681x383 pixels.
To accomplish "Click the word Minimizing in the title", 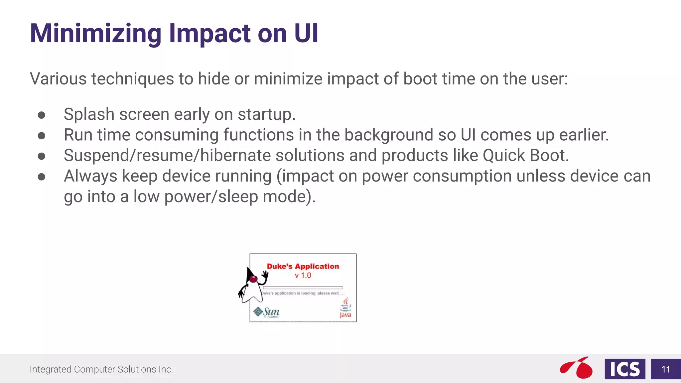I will click(x=96, y=34).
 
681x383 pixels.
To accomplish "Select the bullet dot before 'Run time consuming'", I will click(x=42, y=136).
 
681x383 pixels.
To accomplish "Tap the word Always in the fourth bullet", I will click(x=90, y=176).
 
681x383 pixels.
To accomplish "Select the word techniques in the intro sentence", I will click(x=132, y=79).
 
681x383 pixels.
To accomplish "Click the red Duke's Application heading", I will click(x=303, y=266).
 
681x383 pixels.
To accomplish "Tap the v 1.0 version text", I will click(x=303, y=276).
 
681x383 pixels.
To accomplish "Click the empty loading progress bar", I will click(x=303, y=288).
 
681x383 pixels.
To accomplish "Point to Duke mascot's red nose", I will click(x=253, y=279).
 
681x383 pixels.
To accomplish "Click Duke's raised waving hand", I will click(x=265, y=274).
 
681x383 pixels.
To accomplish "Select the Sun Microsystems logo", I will click(x=267, y=312).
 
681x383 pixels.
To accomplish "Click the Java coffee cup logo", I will click(x=345, y=308).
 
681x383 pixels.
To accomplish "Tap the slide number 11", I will click(x=665, y=369).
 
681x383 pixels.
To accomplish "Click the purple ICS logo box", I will click(x=625, y=369).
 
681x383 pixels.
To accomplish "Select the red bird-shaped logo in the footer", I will click(x=577, y=368).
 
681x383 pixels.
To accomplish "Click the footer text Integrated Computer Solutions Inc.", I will click(x=101, y=369).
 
